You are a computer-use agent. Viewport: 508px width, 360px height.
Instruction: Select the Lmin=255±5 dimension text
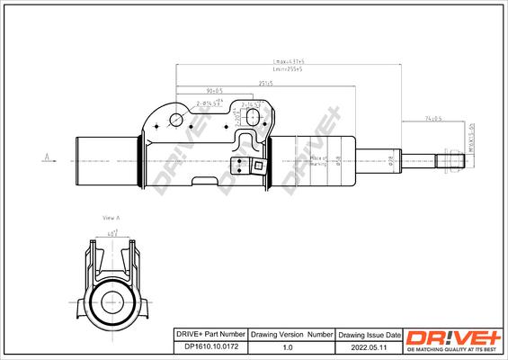pos(287,68)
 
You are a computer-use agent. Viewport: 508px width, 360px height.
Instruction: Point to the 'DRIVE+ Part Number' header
pos(208,334)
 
